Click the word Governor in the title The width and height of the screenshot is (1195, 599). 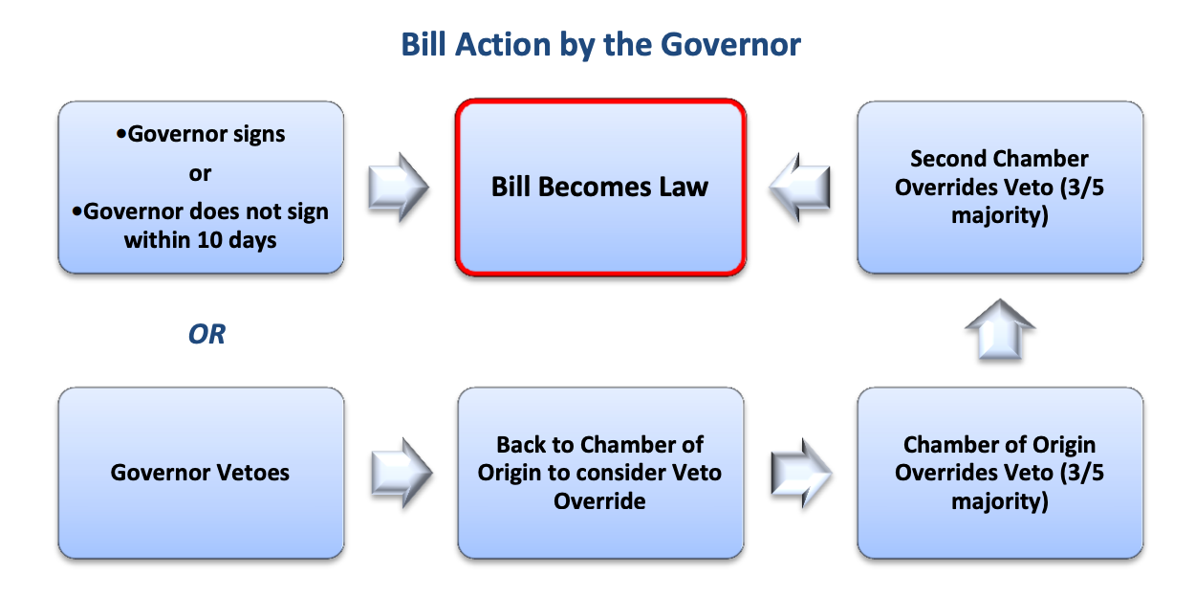(x=730, y=44)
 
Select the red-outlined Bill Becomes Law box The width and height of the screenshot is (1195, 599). (x=600, y=187)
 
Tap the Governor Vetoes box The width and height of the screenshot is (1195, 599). (x=201, y=473)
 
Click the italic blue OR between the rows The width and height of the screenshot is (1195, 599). (x=206, y=334)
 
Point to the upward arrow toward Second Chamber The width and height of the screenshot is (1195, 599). (x=1000, y=329)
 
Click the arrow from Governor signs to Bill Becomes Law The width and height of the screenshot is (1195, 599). (x=399, y=187)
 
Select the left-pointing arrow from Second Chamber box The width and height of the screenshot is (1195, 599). (x=799, y=187)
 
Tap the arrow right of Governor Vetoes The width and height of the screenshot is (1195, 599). (x=402, y=473)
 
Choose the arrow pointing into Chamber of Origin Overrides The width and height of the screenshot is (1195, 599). (x=801, y=473)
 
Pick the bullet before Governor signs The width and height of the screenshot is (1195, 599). (x=121, y=134)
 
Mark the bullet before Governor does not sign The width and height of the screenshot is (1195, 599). (x=76, y=211)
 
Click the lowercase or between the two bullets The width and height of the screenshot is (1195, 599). (x=200, y=173)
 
